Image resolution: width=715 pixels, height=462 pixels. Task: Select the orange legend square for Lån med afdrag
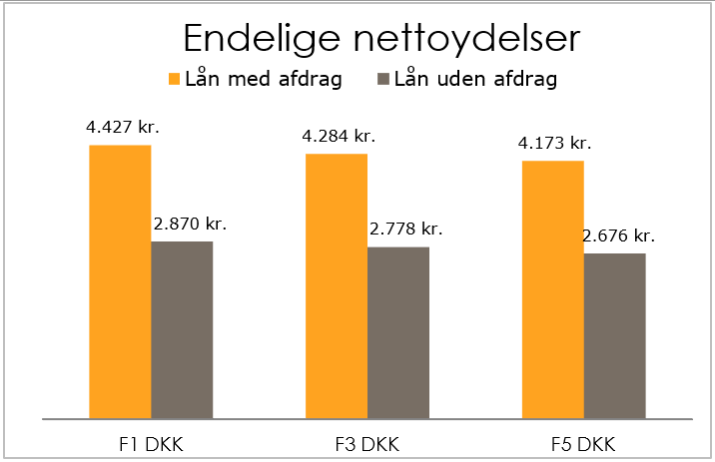point(173,79)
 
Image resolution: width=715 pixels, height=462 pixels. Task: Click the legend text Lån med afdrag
point(264,79)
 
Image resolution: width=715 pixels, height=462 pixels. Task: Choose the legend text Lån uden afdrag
point(475,79)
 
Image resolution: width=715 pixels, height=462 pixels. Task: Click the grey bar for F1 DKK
point(182,329)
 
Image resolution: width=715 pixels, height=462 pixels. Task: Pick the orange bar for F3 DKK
point(337,285)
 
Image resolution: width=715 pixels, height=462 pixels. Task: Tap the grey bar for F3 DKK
point(398,332)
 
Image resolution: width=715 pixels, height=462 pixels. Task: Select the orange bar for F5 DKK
point(553,288)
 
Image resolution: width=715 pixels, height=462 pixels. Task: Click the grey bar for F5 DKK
point(615,335)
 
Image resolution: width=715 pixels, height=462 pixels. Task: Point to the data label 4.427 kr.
point(124,128)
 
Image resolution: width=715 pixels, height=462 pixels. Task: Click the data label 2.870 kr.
point(190,224)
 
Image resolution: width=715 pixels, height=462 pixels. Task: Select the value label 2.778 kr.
point(405,230)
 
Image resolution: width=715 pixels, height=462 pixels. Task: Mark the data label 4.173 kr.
point(554,143)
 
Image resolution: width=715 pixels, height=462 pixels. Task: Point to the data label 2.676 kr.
point(619,236)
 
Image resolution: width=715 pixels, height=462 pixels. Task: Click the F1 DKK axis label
point(151,442)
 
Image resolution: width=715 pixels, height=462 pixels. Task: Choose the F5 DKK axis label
point(584,442)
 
